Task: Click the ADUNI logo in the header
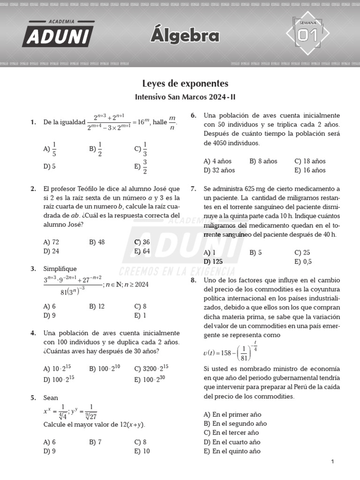pyautogui.click(x=57, y=34)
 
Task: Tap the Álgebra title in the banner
pyautogui.click(x=185, y=36)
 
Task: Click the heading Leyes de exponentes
pyautogui.click(x=185, y=84)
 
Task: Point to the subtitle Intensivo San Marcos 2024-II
pyautogui.click(x=185, y=98)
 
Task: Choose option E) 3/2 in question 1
pyautogui.click(x=141, y=166)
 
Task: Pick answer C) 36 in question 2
pyautogui.click(x=142, y=242)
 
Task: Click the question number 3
pyautogui.click(x=33, y=269)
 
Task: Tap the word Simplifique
pyautogui.click(x=60, y=269)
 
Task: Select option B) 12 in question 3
pyautogui.click(x=97, y=306)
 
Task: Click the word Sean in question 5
pyautogui.click(x=51, y=397)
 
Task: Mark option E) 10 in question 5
pyautogui.click(x=142, y=451)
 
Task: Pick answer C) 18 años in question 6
pyautogui.click(x=310, y=161)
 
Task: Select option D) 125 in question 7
pyautogui.click(x=213, y=262)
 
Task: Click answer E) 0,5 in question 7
pyautogui.click(x=303, y=262)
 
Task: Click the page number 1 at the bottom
pyautogui.click(x=332, y=462)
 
